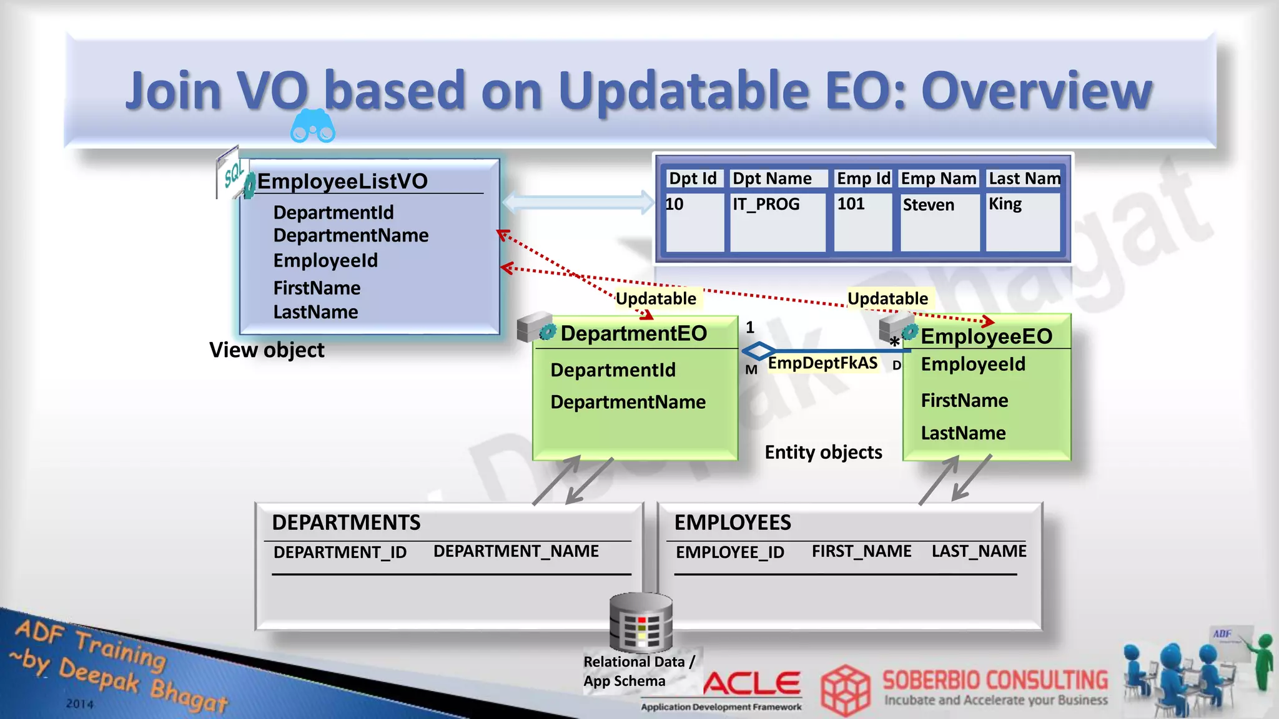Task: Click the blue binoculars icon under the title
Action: (x=313, y=126)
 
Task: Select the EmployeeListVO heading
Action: (x=342, y=182)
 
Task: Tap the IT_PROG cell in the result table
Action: (x=766, y=204)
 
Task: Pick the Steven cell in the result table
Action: (x=929, y=205)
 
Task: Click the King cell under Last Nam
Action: (x=1005, y=204)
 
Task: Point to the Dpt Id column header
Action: (x=693, y=179)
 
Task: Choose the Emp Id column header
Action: (x=863, y=179)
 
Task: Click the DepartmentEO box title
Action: (x=633, y=333)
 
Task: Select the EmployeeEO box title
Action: (x=987, y=336)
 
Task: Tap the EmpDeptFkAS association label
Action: (x=822, y=363)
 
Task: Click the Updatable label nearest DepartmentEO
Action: (x=656, y=298)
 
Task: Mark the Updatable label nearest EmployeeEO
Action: (x=887, y=298)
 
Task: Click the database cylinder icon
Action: (x=641, y=623)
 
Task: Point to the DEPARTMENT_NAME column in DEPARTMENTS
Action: (x=516, y=551)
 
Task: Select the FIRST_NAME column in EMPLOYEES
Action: (x=861, y=551)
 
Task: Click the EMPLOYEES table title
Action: (x=733, y=522)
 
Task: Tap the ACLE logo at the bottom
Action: (x=752, y=683)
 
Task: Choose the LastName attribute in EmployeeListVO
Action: (x=315, y=312)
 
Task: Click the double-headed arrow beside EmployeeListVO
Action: (x=578, y=202)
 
